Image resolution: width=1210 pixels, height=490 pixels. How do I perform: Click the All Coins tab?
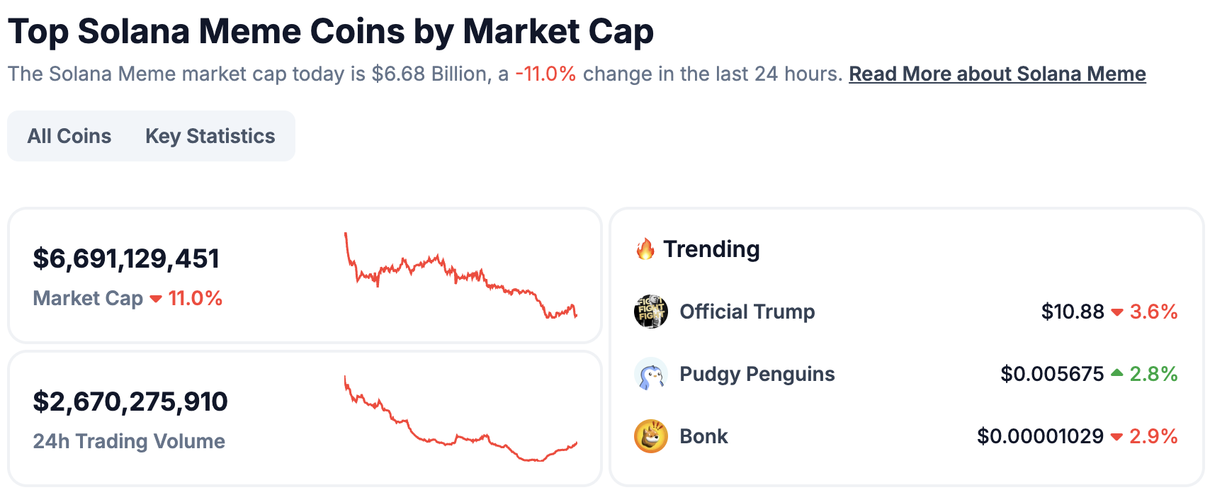click(69, 136)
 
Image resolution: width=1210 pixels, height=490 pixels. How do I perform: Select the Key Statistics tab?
click(210, 136)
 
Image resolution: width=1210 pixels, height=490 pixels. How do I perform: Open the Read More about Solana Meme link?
click(997, 74)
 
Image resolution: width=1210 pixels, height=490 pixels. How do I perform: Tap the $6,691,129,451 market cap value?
click(126, 259)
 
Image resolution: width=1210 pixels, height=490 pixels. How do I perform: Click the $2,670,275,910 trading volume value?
click(130, 402)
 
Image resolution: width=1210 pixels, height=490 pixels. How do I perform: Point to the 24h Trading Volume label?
click(129, 441)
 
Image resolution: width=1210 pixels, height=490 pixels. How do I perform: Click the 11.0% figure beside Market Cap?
click(195, 299)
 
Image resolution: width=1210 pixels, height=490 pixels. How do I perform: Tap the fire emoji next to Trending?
click(645, 249)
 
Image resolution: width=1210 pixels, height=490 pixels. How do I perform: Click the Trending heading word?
click(711, 249)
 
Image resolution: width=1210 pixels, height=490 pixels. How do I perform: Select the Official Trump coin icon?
click(650, 312)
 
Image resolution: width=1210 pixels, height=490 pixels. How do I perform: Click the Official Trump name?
click(747, 312)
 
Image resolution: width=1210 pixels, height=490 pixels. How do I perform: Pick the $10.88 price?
click(1072, 312)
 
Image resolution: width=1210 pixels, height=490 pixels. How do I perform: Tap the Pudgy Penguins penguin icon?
click(650, 374)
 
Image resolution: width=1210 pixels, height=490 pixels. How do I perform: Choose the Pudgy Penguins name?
click(757, 374)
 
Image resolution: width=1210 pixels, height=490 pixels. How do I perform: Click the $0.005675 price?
click(1052, 374)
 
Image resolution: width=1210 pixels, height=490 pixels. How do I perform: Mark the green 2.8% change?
click(1153, 374)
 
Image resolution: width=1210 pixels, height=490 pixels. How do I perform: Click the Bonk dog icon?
click(650, 436)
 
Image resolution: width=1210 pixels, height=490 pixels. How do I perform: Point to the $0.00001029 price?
click(1040, 436)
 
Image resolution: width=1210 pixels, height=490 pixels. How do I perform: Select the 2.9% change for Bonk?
click(1153, 436)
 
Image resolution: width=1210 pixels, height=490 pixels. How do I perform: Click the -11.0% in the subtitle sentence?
click(545, 74)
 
